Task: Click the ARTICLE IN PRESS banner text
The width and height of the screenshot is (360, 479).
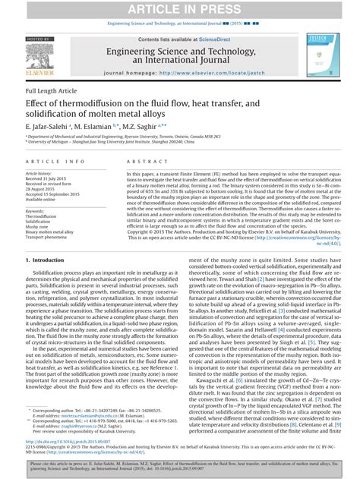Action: (179, 8)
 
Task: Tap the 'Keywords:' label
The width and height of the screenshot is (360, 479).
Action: (37, 210)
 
